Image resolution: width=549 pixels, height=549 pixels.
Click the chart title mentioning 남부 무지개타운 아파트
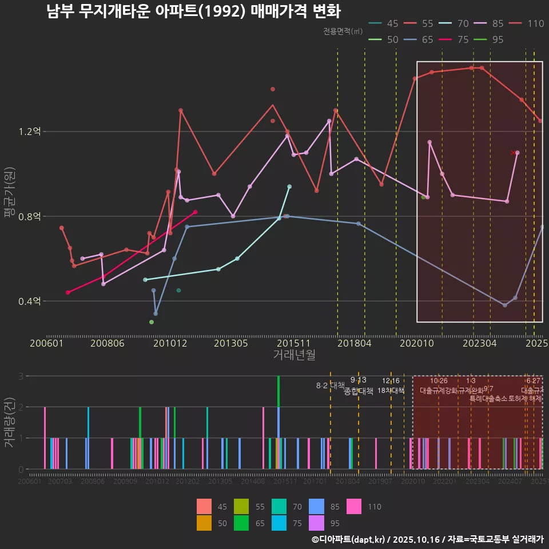pyautogui.click(x=193, y=11)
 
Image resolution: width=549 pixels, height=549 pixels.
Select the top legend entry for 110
pyautogui.click(x=527, y=23)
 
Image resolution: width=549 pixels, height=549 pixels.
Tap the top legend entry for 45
pyautogui.click(x=383, y=23)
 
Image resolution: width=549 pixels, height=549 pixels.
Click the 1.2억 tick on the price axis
pyautogui.click(x=30, y=132)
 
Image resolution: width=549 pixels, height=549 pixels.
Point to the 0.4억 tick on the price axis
pyautogui.click(x=30, y=301)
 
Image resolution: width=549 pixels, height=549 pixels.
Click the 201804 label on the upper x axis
pyautogui.click(x=353, y=343)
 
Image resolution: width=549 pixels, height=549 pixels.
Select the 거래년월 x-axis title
pyautogui.click(x=294, y=355)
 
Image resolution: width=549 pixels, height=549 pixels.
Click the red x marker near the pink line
pyautogui.click(x=513, y=153)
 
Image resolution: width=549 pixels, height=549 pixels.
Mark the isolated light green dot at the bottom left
pyautogui.click(x=152, y=322)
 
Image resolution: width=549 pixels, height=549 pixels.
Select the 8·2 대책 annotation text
pyautogui.click(x=330, y=385)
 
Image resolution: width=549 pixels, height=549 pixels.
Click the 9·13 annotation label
pyautogui.click(x=358, y=380)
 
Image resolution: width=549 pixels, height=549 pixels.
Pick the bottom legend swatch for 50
pyautogui.click(x=204, y=523)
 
